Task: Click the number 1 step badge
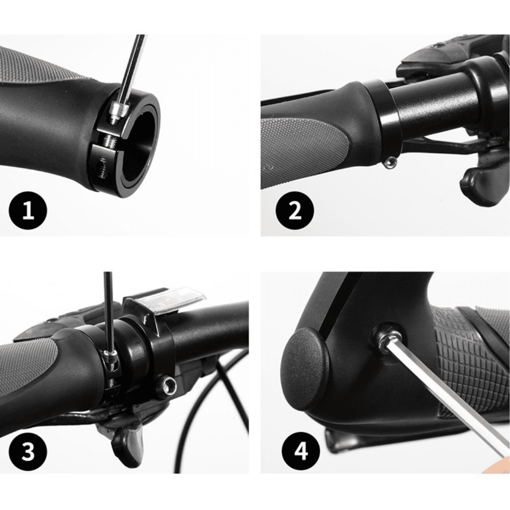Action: (x=28, y=211)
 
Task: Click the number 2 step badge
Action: (x=295, y=211)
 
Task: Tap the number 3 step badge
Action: (x=28, y=451)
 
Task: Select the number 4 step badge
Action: (x=300, y=451)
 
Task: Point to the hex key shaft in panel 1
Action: (x=132, y=69)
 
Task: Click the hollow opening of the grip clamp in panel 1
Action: (x=136, y=145)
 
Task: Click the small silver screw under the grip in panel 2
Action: (x=389, y=162)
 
